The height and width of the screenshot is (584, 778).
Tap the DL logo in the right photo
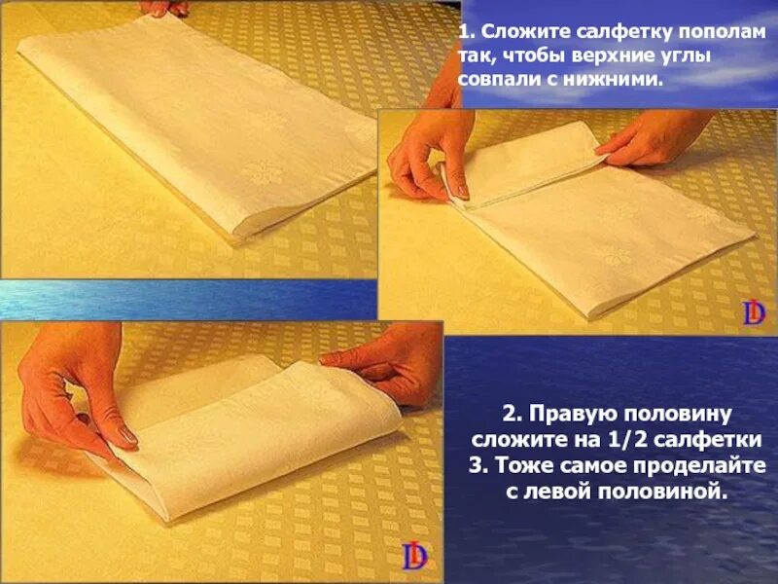click(754, 312)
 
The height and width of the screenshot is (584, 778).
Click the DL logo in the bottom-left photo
click(413, 556)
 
